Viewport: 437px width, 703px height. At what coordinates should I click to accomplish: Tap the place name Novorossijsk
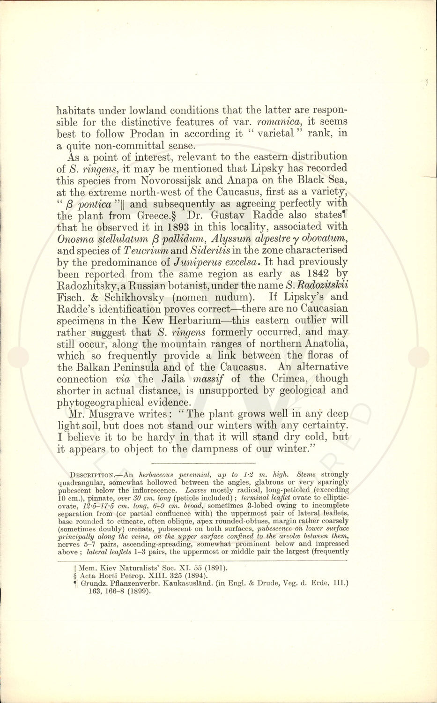point(169,180)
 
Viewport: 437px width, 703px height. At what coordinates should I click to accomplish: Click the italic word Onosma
point(74,239)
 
